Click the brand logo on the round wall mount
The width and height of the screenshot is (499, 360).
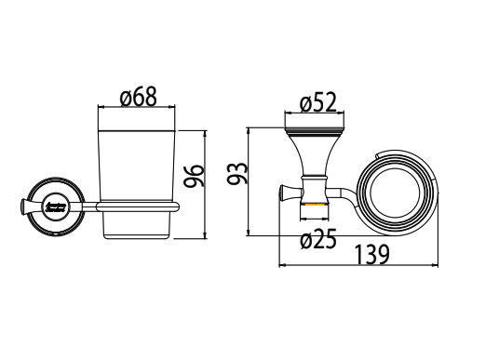pos(54,205)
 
